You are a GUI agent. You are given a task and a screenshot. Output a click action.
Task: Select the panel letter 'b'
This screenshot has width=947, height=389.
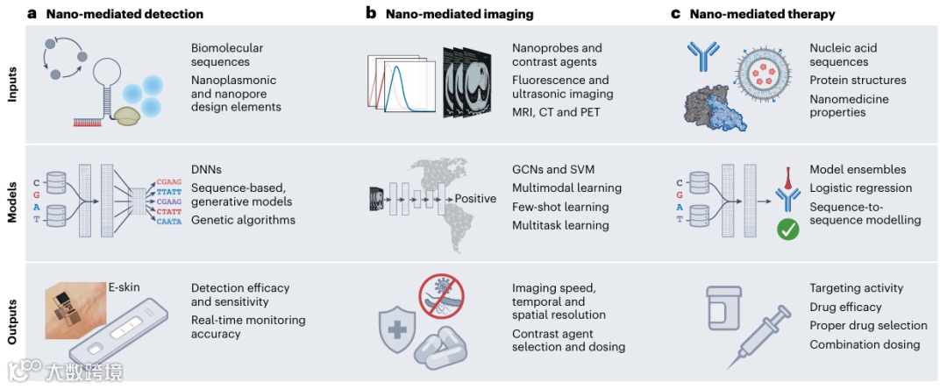(x=371, y=14)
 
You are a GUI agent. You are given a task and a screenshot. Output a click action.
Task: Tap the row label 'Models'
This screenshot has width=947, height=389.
(x=11, y=202)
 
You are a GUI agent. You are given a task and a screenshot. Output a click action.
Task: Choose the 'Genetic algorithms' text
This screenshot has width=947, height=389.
(x=243, y=220)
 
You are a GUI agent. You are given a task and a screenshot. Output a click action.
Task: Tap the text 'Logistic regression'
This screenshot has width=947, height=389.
(x=860, y=187)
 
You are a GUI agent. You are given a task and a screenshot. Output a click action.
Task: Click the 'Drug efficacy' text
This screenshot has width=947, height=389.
(x=845, y=307)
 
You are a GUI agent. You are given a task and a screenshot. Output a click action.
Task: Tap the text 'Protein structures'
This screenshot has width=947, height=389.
(x=858, y=81)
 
